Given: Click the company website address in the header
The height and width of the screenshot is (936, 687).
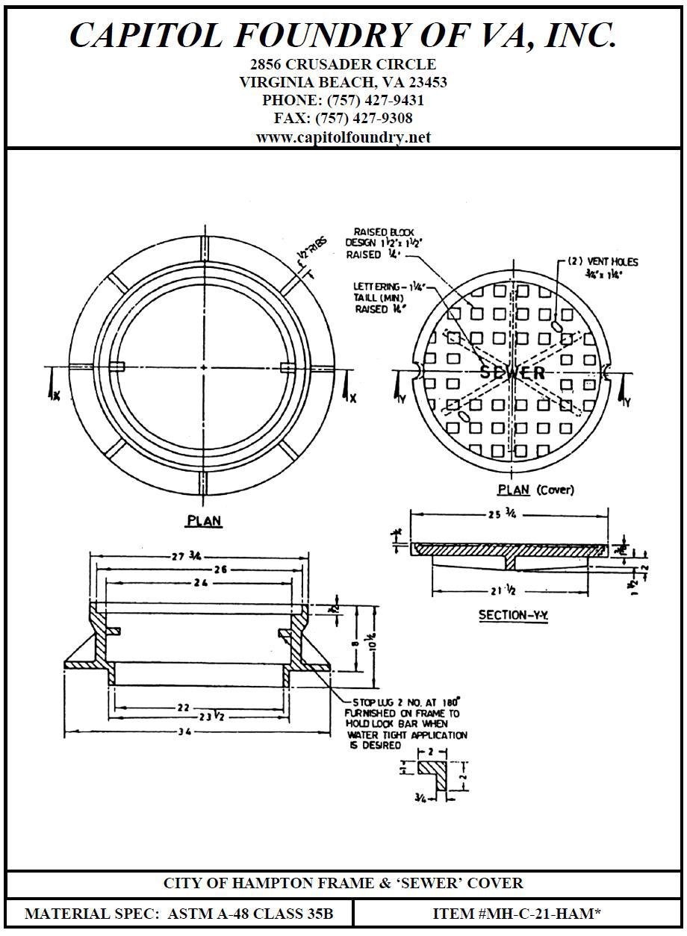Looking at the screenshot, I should pyautogui.click(x=343, y=137).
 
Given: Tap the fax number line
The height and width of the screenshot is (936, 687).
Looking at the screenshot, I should pyautogui.click(x=343, y=118).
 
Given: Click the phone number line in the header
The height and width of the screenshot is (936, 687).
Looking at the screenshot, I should pyautogui.click(x=343, y=100).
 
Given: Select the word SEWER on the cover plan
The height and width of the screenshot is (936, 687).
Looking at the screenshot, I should pyautogui.click(x=512, y=372).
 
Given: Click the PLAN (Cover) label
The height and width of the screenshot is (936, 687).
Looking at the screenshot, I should pyautogui.click(x=536, y=490).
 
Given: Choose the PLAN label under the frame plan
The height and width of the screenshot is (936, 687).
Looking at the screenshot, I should pyautogui.click(x=204, y=521).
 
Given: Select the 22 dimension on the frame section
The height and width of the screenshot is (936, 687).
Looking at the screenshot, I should pyautogui.click(x=184, y=707).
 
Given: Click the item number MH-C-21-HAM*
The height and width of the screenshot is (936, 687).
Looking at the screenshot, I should pyautogui.click(x=517, y=913).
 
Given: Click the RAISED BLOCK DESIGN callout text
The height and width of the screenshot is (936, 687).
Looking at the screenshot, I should pyautogui.click(x=381, y=243).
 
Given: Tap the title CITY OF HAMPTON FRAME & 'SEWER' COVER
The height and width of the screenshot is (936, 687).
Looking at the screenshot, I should pyautogui.click(x=343, y=883).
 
